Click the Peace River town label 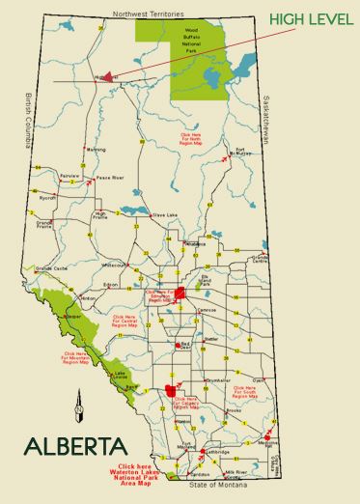point(111,179)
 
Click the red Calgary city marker point(173,391)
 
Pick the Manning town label point(96,151)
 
